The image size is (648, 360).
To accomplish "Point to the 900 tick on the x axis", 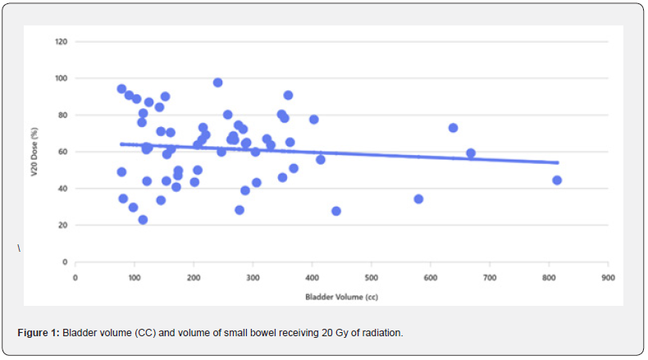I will [607, 276].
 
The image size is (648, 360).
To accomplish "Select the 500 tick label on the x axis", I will [371, 276].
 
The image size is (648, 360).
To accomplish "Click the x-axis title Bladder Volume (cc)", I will [341, 295].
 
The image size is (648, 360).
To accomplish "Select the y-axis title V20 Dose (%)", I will [37, 151].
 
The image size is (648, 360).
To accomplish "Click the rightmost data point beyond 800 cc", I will [557, 180].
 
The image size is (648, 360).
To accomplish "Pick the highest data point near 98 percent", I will [217, 83].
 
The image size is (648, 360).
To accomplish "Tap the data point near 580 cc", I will [418, 198].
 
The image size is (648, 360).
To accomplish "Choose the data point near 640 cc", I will [453, 128].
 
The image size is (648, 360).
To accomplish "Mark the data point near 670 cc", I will [471, 153].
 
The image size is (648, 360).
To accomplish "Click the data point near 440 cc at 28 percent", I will [335, 211].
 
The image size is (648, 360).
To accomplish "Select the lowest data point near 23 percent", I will [143, 220].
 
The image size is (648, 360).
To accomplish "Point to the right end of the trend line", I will [558, 162].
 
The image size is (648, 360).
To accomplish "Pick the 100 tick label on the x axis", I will [134, 276].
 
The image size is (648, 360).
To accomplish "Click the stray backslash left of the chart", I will [19, 248].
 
